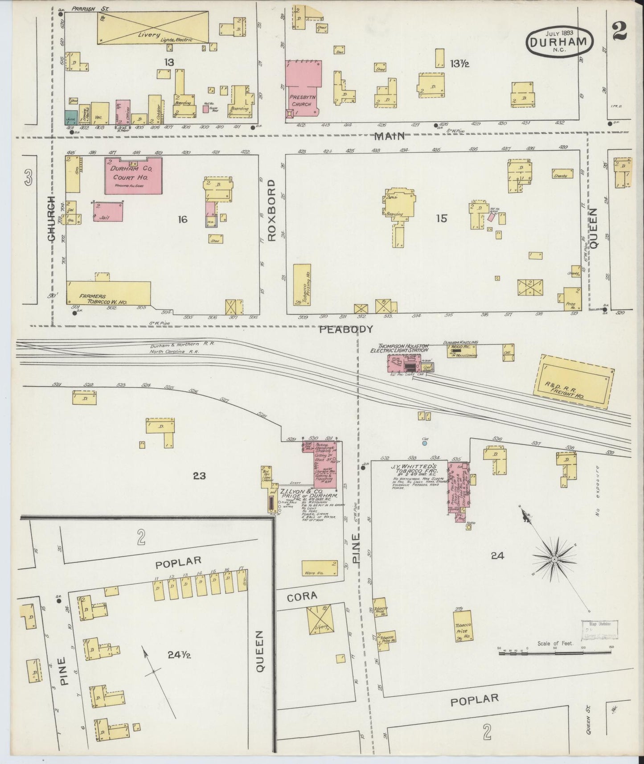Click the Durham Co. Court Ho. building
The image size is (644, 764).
pos(133,176)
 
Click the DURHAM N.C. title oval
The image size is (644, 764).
pos(560,41)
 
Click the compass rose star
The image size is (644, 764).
pos(554,559)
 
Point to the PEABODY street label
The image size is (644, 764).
pos(346,329)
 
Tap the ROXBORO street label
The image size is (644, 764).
pos(272,211)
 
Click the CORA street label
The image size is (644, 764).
pos(302,596)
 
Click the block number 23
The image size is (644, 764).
pos(199,476)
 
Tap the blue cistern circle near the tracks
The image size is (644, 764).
pos(425,444)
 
